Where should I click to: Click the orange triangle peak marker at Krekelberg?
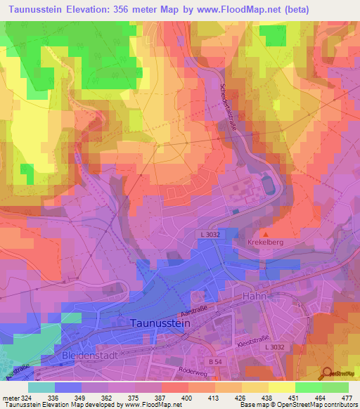coord(265,233)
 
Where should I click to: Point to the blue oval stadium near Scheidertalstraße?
coord(268,184)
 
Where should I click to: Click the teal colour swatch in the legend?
coord(41,387)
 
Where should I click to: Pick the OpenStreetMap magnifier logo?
coord(328,373)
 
